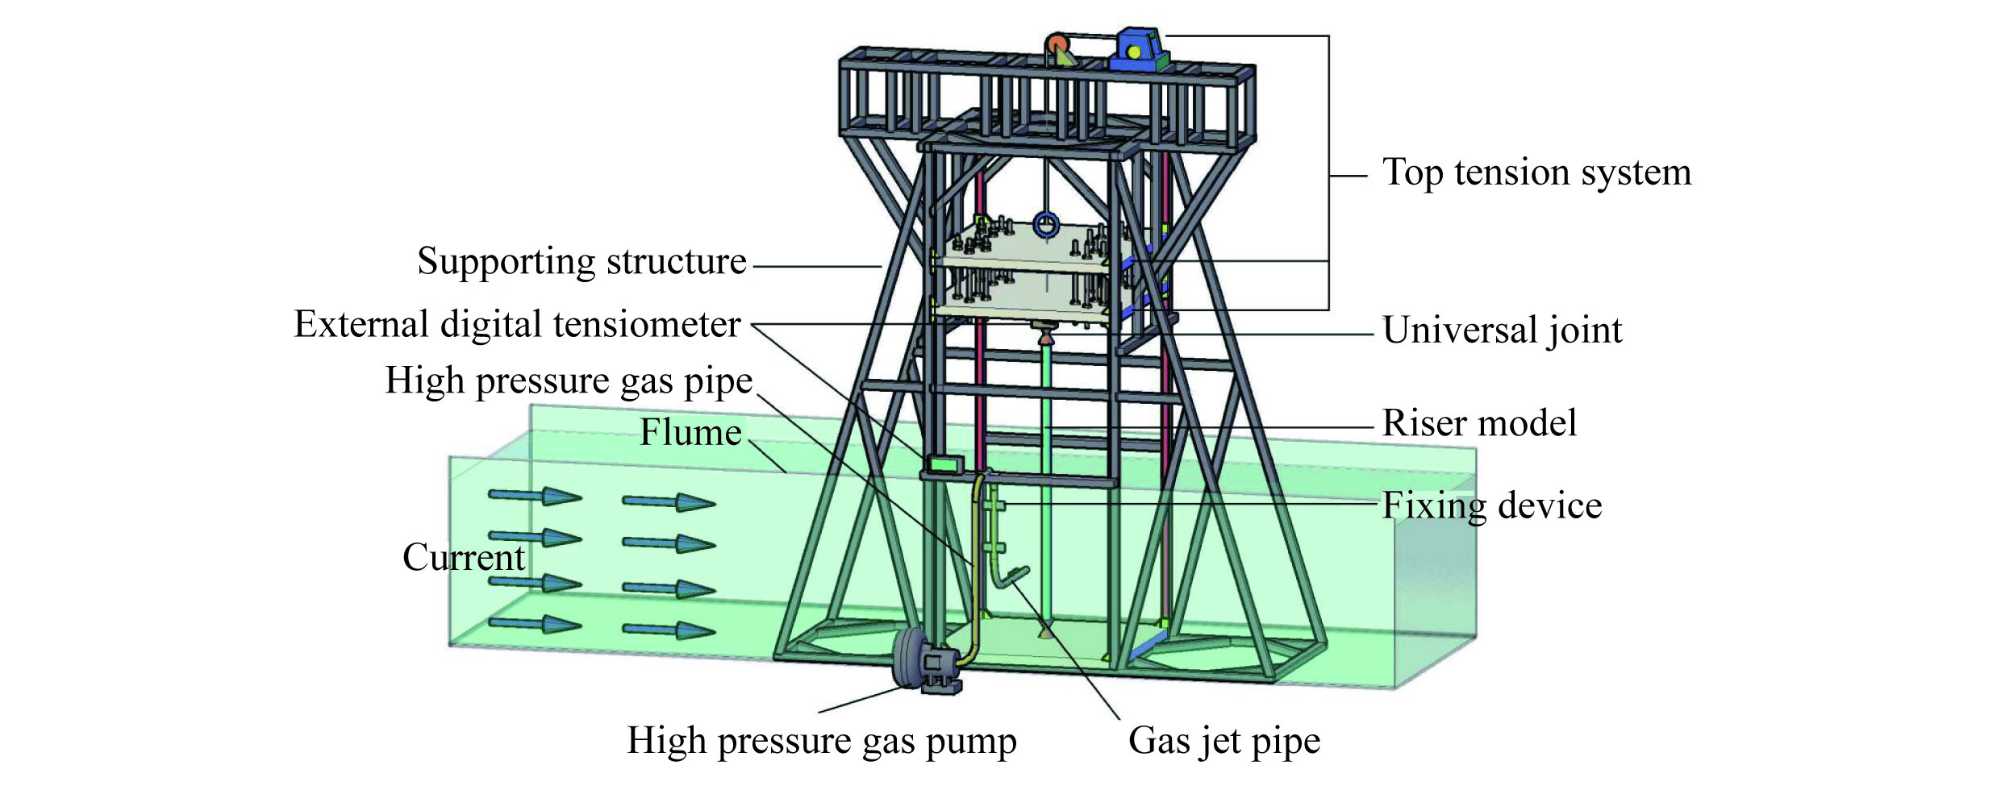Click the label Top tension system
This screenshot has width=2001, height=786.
point(1536,173)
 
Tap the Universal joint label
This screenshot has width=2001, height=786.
point(1502,331)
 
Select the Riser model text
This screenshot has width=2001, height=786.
point(1479,423)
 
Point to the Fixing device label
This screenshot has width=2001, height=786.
point(1491,506)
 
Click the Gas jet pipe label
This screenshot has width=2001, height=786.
point(1224,741)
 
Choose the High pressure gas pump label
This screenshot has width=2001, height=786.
point(821,741)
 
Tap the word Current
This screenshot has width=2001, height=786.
point(464,557)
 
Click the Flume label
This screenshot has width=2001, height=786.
point(690,433)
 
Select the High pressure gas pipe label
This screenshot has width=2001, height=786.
point(569,381)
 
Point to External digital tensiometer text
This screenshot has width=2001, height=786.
point(517,325)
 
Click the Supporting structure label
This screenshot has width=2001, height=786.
point(582,262)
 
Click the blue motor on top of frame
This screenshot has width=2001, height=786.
point(1137,51)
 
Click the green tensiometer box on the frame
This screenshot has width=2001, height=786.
point(944,464)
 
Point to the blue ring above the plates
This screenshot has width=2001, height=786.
point(1046,225)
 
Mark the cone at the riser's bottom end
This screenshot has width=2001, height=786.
point(1046,632)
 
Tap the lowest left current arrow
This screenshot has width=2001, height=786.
point(535,624)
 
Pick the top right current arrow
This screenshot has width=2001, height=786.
point(669,502)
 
